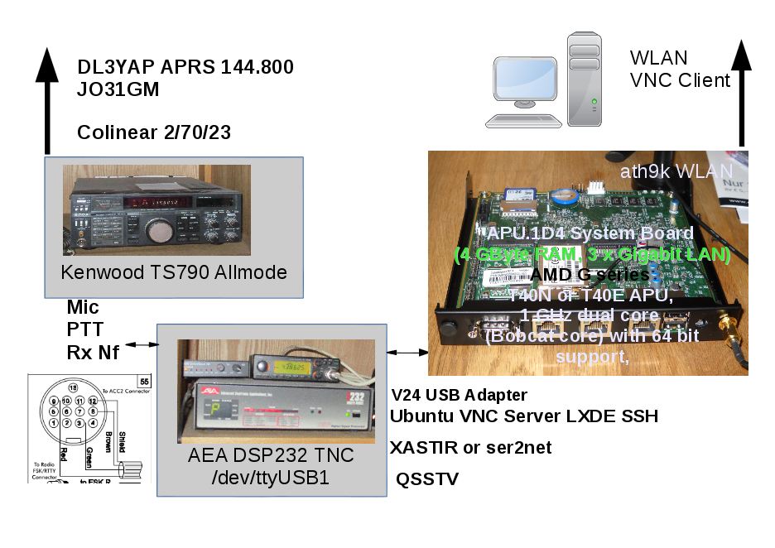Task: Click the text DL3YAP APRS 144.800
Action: coord(185,67)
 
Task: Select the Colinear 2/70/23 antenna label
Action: coord(153,132)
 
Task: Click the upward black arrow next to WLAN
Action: coord(742,91)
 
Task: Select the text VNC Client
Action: coord(680,80)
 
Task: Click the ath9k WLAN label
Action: coord(669,171)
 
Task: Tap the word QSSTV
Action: coord(427,478)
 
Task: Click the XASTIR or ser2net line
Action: coord(470,448)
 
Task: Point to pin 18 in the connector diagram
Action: coord(73,387)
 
